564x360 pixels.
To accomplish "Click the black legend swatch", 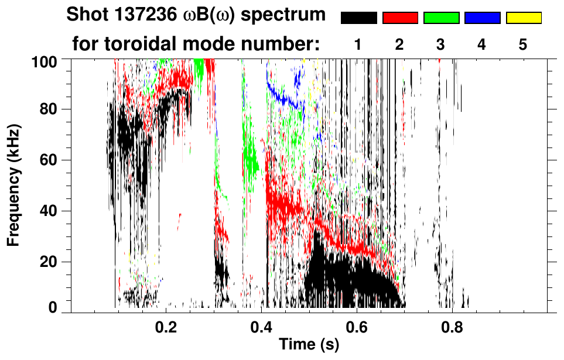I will coord(359,18).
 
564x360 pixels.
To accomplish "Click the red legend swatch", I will coord(400,18).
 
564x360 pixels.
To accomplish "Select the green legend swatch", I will coord(441,18).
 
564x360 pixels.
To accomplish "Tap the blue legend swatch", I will coord(482,18).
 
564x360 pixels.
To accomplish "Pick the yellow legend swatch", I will coord(523,18).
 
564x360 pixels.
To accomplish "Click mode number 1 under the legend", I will coord(358,44).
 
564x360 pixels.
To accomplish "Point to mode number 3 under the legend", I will coord(441,44).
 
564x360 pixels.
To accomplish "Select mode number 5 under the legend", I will coord(523,44).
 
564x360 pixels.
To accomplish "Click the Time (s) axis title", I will coord(308,345).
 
